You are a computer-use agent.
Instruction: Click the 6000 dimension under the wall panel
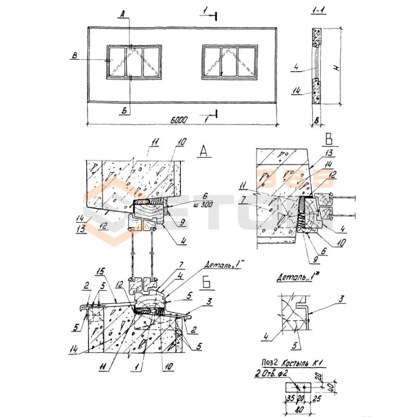pyautogui.click(x=178, y=120)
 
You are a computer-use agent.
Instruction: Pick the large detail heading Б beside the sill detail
pyautogui.click(x=205, y=285)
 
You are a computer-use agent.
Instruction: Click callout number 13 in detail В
pyautogui.click(x=328, y=154)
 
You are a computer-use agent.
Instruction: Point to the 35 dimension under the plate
pyautogui.click(x=289, y=401)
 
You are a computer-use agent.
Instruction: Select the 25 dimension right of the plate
pyautogui.click(x=317, y=401)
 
